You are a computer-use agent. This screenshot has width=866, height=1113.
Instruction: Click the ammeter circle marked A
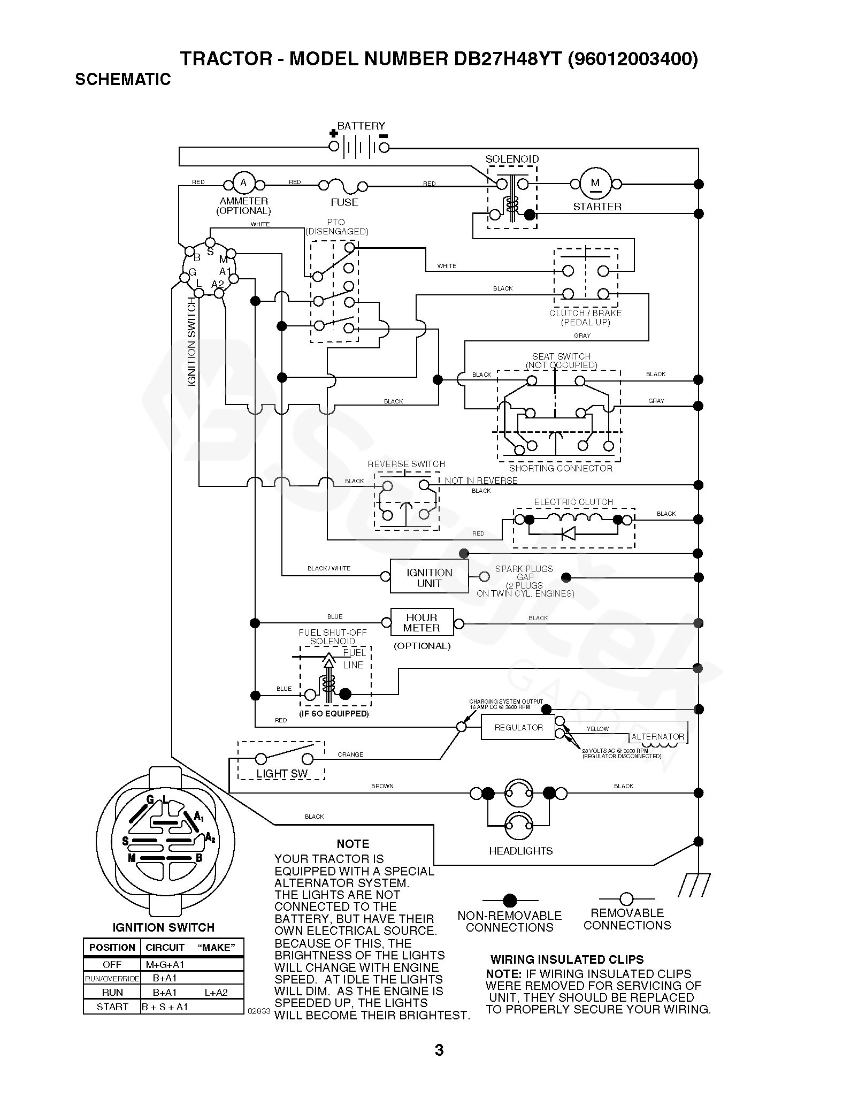243,183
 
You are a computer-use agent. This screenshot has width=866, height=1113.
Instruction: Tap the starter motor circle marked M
595,183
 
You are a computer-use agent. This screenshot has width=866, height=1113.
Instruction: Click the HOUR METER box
421,623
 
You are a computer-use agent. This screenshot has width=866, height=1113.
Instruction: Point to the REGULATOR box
518,728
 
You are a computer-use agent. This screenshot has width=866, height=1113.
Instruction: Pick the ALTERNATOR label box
658,737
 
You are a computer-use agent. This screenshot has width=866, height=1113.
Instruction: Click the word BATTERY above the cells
361,126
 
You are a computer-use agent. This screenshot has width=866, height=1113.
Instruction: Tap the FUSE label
344,202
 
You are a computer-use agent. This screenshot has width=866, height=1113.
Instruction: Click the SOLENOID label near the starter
512,159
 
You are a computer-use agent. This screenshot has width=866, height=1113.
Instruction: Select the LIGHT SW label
282,774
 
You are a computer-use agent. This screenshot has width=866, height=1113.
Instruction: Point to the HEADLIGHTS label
520,851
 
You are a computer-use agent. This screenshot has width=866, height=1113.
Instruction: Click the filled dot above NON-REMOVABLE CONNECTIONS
510,899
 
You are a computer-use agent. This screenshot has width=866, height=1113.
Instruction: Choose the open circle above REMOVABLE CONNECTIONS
626,898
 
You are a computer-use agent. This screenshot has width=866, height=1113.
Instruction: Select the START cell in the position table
112,1007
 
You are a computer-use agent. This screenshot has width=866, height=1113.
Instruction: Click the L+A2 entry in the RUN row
216,992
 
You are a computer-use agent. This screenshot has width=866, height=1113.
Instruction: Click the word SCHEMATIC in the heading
123,79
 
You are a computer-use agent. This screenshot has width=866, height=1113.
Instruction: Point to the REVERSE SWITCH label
406,464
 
